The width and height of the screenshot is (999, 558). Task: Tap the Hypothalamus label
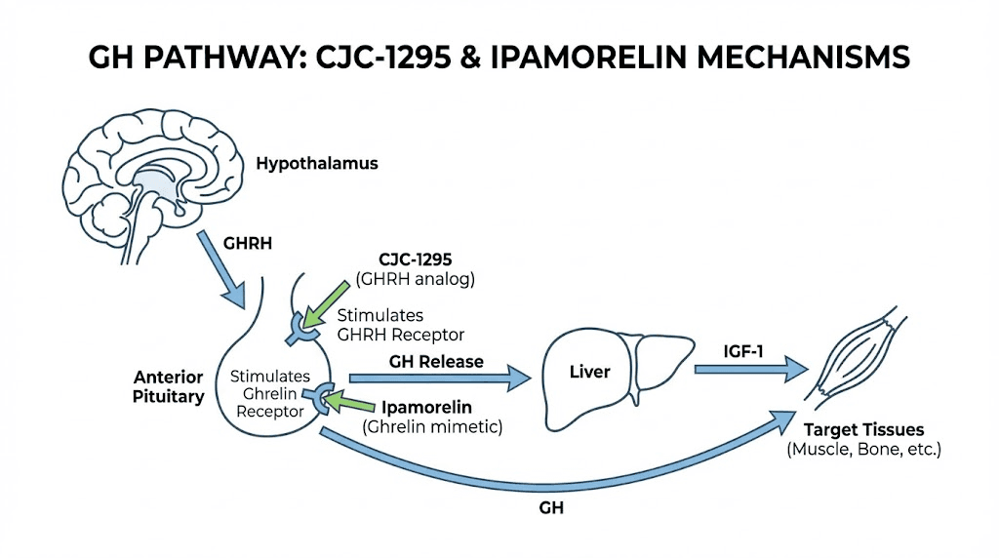(316, 164)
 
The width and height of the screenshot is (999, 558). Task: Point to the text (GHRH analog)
(418, 279)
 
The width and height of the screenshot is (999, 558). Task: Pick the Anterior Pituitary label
(169, 386)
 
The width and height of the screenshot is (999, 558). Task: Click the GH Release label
(436, 362)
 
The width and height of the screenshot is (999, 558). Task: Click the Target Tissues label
(862, 430)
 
